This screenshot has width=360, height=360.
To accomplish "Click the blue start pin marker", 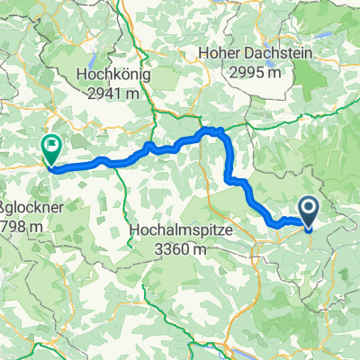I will click(x=307, y=212).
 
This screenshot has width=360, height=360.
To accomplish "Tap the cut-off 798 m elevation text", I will click(x=18, y=226).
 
